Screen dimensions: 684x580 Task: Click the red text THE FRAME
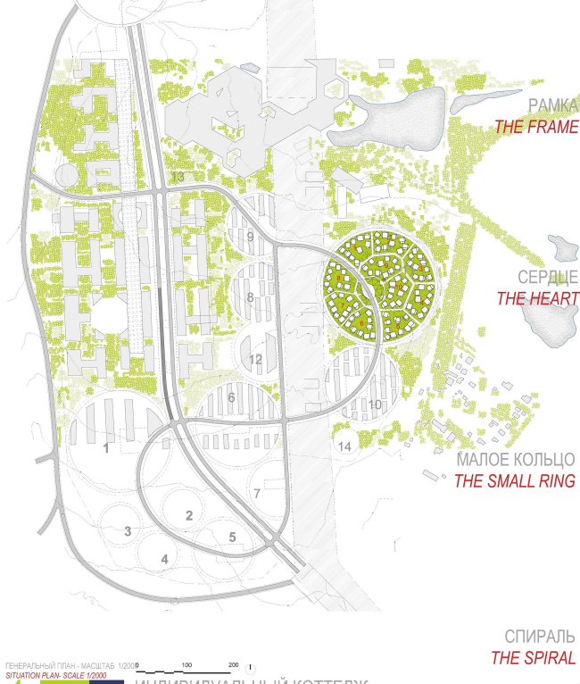point(536,127)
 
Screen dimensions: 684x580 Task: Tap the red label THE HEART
point(538,299)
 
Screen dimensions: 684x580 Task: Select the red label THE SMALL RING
point(514,481)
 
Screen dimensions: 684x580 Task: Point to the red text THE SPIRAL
point(533,659)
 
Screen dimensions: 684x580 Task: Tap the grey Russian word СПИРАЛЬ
point(539,637)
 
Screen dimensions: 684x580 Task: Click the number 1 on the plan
point(106,448)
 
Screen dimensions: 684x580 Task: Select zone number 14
point(344,445)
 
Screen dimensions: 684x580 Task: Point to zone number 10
point(375,405)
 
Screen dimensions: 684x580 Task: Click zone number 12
point(256,359)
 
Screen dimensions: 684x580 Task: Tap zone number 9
point(251,237)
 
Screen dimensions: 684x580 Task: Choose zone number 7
point(256,493)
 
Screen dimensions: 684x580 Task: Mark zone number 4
point(164,560)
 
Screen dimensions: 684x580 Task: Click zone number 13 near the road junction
point(178,178)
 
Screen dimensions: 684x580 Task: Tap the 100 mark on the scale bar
point(186,665)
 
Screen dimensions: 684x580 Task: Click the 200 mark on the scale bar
point(233,665)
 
